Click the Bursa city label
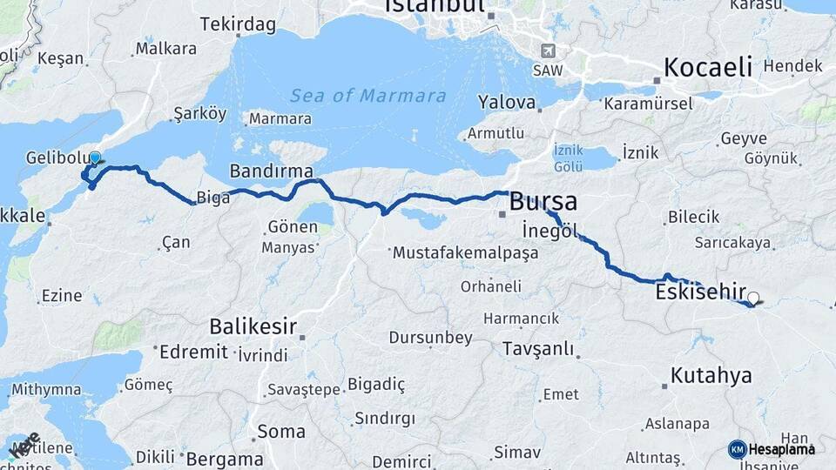(x=543, y=202)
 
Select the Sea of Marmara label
(x=368, y=96)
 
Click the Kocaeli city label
(x=707, y=67)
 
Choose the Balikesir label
(x=253, y=327)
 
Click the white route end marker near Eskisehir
(x=753, y=298)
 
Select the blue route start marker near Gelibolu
(x=94, y=158)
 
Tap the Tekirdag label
(x=231, y=24)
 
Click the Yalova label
(x=506, y=103)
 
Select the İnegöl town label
(x=549, y=231)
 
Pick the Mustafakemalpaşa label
(x=465, y=253)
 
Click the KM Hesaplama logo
(x=772, y=449)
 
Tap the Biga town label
(x=213, y=198)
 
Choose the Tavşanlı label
(x=538, y=349)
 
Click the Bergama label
(x=224, y=459)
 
